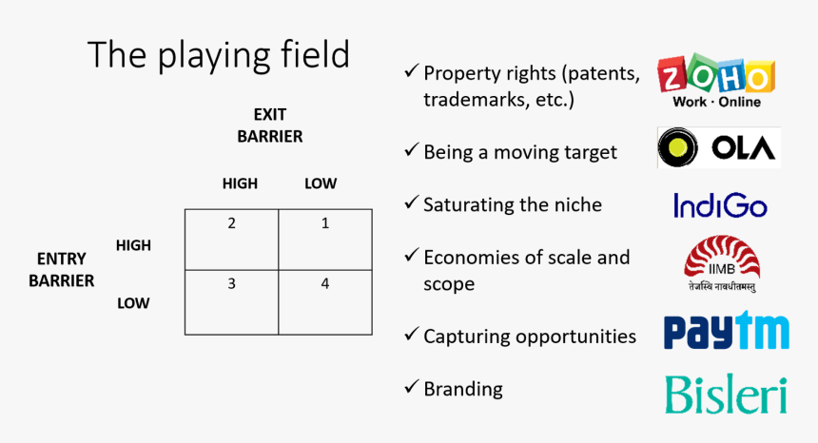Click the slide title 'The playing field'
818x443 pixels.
pyautogui.click(x=219, y=56)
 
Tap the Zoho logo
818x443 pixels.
pyautogui.click(x=716, y=80)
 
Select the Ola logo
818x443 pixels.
pyautogui.click(x=719, y=147)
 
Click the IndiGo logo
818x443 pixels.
pyautogui.click(x=720, y=205)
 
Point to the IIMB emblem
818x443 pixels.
pyautogui.click(x=722, y=263)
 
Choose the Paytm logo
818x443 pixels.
pyautogui.click(x=726, y=331)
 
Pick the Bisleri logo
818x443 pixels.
pyautogui.click(x=726, y=395)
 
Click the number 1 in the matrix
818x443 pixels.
pyautogui.click(x=325, y=223)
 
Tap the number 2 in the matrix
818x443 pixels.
pyautogui.click(x=232, y=223)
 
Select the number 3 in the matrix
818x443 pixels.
pyautogui.click(x=232, y=283)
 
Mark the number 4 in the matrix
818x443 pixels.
pyautogui.click(x=325, y=283)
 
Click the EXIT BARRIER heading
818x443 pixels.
pyautogui.click(x=270, y=125)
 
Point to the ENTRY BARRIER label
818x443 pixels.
pyautogui.click(x=62, y=269)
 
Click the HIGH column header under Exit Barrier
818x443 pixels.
pyautogui.click(x=240, y=183)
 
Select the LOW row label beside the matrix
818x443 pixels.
pyautogui.click(x=133, y=303)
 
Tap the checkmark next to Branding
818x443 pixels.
pyautogui.click(x=411, y=387)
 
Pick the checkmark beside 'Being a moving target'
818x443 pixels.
pyautogui.click(x=411, y=150)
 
